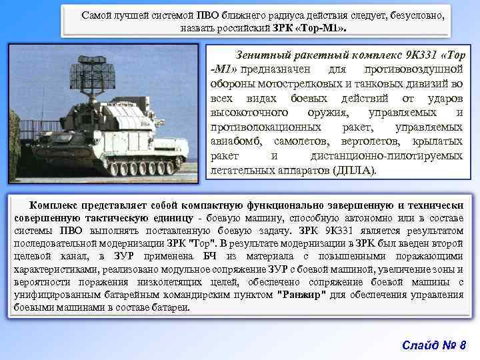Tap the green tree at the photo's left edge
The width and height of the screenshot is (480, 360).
14,143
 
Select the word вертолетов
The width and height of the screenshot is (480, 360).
366,141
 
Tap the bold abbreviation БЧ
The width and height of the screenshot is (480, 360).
212,257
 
